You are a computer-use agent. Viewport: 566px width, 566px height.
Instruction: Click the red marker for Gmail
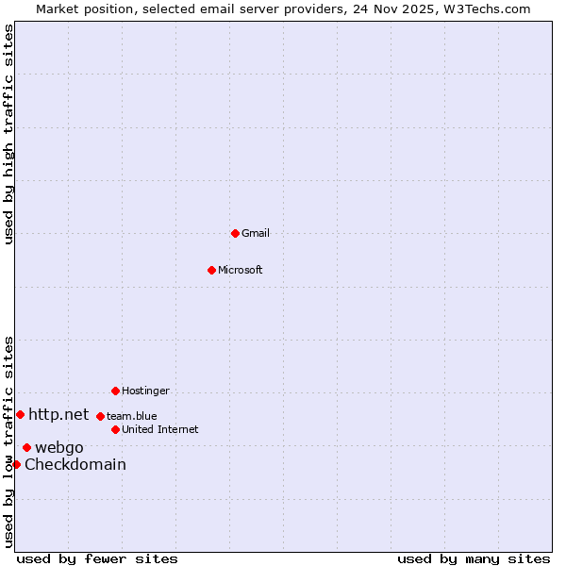[x=235, y=233]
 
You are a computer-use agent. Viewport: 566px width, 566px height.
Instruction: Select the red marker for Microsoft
[x=211, y=270]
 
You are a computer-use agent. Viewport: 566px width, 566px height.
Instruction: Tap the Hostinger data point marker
[x=115, y=391]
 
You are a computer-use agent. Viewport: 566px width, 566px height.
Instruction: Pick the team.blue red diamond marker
[x=100, y=416]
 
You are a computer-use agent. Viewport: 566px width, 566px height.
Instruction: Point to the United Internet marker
[x=115, y=429]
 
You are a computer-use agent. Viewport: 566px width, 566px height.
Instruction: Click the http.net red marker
[x=20, y=414]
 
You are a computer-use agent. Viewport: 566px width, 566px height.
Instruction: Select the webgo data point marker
[x=26, y=447]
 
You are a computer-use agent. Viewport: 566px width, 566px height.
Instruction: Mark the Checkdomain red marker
[x=16, y=464]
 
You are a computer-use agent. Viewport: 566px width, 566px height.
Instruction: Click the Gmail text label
[x=256, y=233]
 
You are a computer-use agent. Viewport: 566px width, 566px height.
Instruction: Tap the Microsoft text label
[x=241, y=270]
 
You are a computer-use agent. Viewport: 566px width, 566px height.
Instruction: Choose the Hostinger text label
[x=145, y=391]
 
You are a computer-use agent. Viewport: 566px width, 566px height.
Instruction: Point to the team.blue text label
[x=132, y=416]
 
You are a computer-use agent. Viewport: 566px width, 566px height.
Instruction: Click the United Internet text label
[x=160, y=429]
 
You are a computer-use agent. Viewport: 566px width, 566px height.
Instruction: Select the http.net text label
[x=58, y=414]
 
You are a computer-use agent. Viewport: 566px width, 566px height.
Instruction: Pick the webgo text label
[x=59, y=447]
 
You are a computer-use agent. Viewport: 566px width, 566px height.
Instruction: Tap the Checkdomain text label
[x=75, y=464]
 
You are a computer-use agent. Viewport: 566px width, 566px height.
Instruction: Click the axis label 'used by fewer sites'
[x=97, y=558]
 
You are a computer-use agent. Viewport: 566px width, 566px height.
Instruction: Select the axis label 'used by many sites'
[x=474, y=558]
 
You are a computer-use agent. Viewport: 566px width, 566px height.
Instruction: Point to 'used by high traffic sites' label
[x=8, y=134]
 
